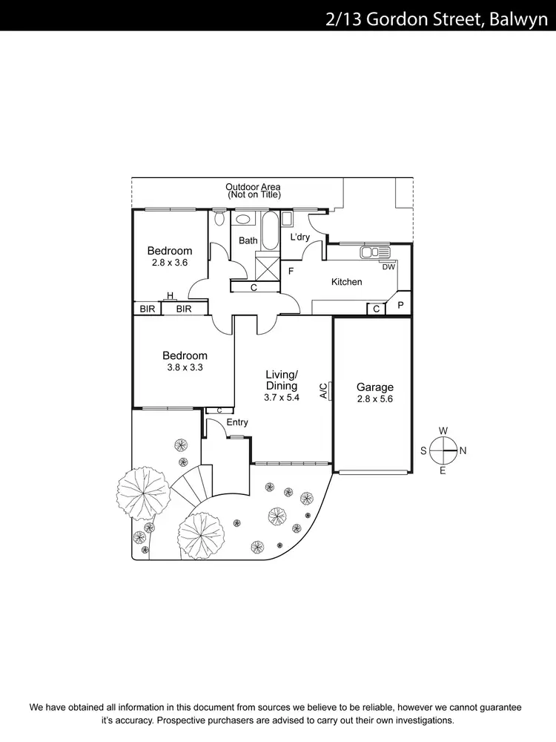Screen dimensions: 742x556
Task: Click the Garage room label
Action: coord(374,387)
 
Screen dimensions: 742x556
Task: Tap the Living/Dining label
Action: coord(282,380)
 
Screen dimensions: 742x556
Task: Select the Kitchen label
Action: coord(346,282)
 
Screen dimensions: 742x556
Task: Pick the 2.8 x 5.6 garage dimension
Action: coord(374,399)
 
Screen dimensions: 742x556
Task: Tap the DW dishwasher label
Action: coord(388,267)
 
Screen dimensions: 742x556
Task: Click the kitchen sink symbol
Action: coord(375,252)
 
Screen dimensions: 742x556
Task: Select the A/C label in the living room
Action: coord(324,391)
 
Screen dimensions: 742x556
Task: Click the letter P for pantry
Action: coord(400,305)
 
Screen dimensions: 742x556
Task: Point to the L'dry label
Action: coord(299,237)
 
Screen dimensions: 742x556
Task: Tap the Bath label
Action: coord(248,240)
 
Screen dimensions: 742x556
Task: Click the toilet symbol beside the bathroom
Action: coord(219,218)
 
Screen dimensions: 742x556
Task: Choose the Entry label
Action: coord(237,422)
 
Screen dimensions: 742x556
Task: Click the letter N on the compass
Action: coord(463,450)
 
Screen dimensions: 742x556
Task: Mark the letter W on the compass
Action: coord(443,430)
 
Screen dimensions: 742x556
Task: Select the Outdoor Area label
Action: coord(254,187)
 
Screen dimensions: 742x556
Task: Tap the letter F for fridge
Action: coord(291,271)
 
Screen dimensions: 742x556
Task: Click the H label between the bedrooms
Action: coord(170,295)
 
